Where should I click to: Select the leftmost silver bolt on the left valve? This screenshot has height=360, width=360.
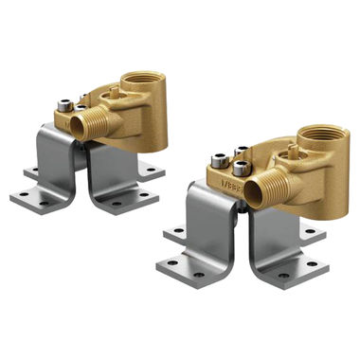pyautogui.click(x=64, y=107)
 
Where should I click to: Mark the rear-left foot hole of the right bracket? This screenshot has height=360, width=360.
pyautogui.click(x=175, y=230)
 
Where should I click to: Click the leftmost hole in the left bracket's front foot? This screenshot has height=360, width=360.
pyautogui.click(x=26, y=199)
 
